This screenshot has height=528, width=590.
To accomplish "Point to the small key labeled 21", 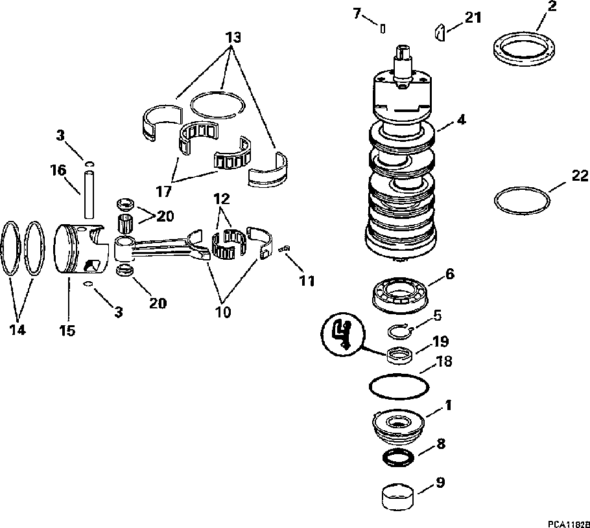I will tap(440, 32).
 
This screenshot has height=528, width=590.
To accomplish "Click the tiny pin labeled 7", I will tap(383, 29).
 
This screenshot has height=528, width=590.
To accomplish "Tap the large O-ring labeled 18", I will tap(398, 387).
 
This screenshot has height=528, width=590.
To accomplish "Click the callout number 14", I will tap(18, 329).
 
